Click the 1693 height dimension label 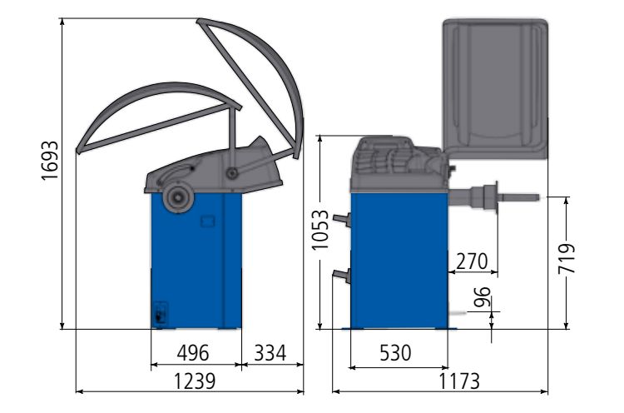[50, 161]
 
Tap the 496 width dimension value [193, 353]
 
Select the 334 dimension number [270, 353]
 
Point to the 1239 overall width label [195, 381]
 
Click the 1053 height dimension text [320, 230]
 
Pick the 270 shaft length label [472, 261]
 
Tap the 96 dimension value [482, 297]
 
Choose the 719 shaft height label [567, 259]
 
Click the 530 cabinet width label [395, 353]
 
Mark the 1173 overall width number [459, 381]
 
